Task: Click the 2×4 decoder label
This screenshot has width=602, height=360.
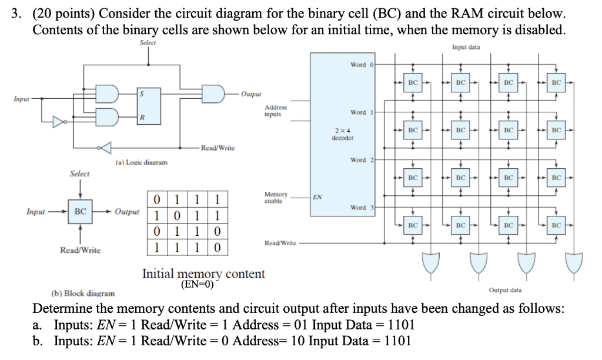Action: click(x=342, y=134)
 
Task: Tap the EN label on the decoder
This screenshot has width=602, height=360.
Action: click(x=317, y=198)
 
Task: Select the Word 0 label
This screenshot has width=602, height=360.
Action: click(x=358, y=65)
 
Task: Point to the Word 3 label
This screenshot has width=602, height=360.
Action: click(x=358, y=208)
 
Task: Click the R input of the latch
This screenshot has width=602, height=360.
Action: click(x=141, y=118)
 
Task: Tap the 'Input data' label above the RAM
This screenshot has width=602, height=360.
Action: click(x=466, y=47)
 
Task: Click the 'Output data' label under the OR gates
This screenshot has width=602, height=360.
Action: click(x=505, y=289)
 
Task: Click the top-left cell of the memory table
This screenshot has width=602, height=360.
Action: click(x=156, y=199)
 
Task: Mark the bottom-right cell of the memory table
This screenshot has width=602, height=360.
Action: click(x=217, y=248)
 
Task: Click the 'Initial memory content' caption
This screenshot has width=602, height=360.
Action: click(x=203, y=274)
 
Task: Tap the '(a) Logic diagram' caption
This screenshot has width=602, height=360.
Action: click(x=141, y=162)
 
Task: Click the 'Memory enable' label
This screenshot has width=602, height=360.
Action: click(x=276, y=197)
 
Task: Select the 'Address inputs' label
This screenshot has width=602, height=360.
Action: click(x=276, y=111)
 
